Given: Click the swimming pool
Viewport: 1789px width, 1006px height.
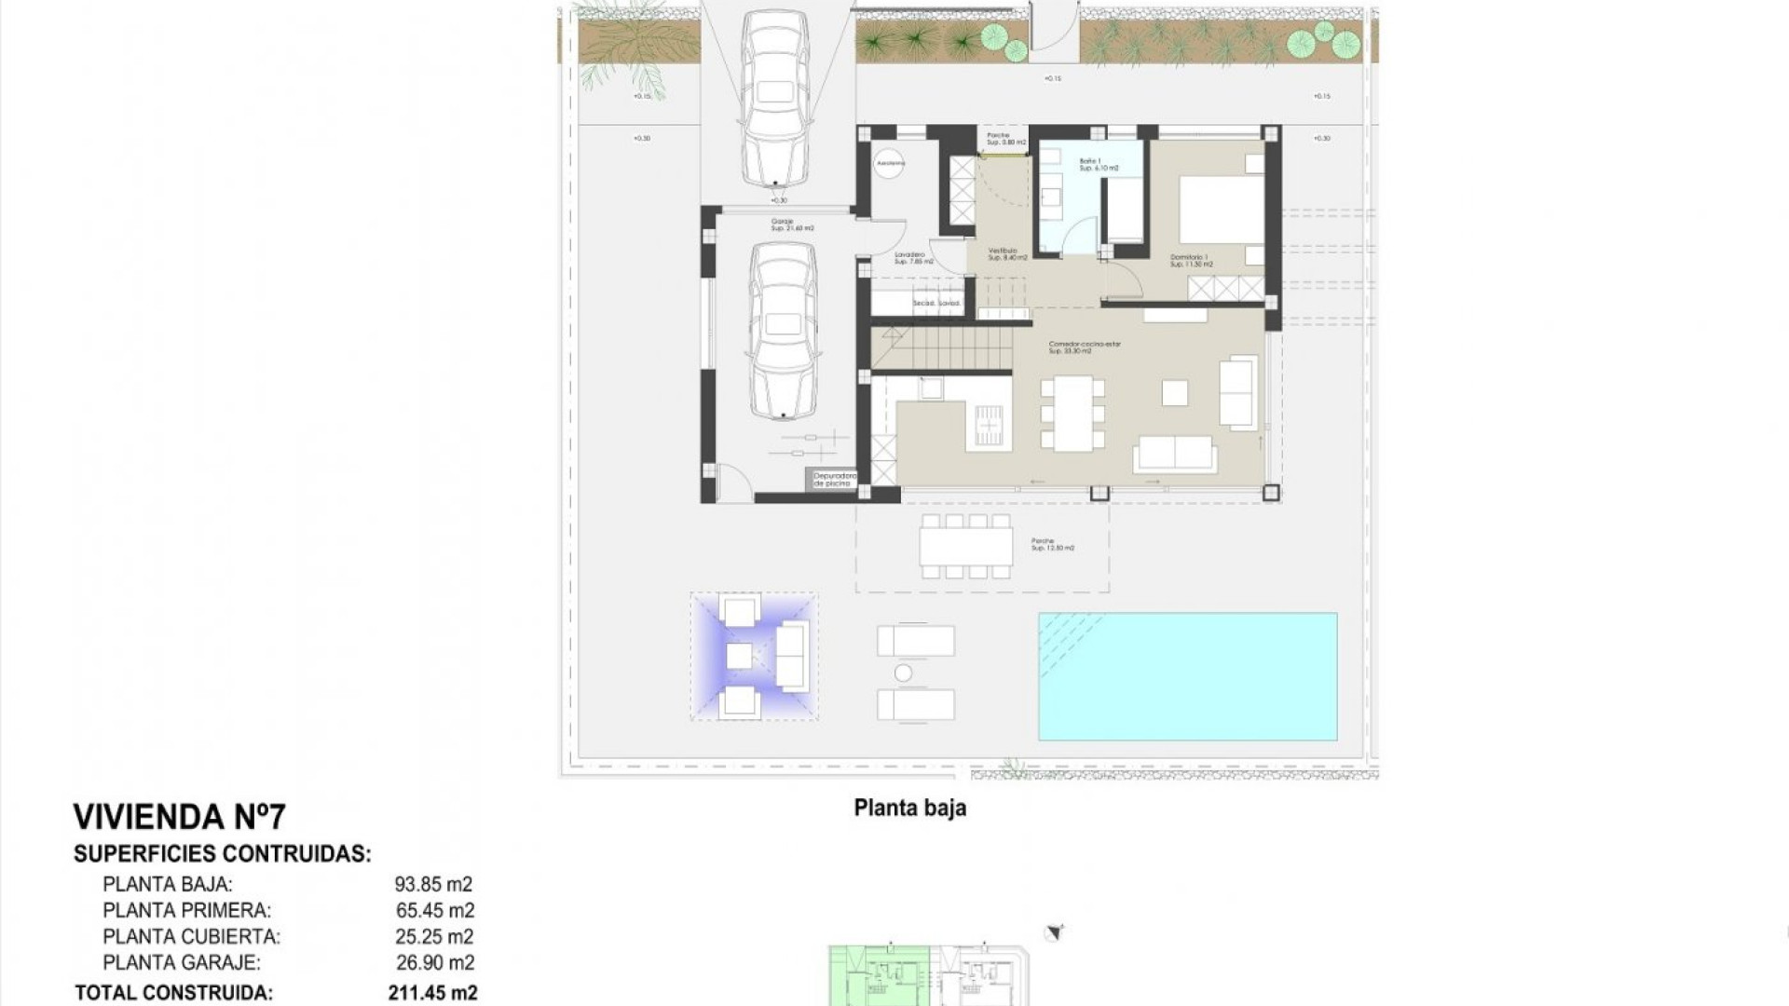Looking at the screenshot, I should (1188, 676).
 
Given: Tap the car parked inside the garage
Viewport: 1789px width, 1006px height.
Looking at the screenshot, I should (783, 332).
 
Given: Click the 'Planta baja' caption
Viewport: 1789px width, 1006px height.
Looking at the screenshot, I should (909, 808).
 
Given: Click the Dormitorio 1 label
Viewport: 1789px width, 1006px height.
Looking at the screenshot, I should (1190, 261).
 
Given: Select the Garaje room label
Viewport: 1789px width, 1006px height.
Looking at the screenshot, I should (791, 224).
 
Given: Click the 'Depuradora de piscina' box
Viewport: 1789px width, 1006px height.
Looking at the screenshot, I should (832, 480).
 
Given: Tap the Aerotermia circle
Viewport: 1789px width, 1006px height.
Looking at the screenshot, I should (890, 163).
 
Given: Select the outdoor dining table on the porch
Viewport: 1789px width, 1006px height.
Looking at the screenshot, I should (965, 546).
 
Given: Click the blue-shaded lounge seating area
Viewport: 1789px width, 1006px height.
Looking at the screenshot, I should (755, 657).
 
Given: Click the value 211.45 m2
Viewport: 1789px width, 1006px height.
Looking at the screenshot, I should (432, 993).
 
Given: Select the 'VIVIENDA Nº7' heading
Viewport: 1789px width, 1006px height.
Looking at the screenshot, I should (180, 817).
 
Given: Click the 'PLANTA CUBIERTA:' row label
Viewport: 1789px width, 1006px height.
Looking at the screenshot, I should (191, 937).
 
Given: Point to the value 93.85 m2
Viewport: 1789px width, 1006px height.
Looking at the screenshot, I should (433, 885).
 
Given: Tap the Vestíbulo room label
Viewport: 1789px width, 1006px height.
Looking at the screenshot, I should (1007, 253).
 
